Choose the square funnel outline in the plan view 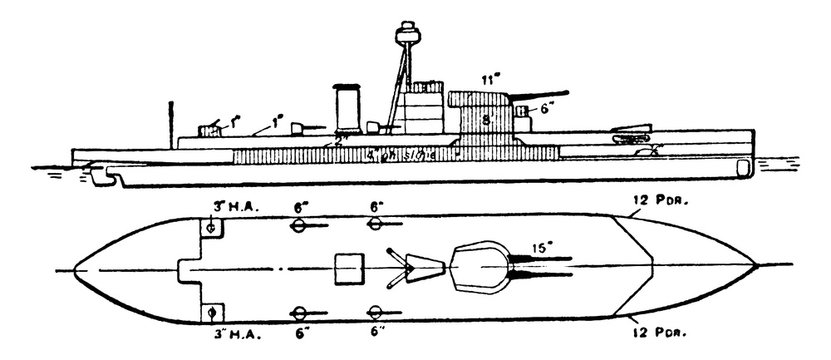pyautogui.click(x=348, y=269)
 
